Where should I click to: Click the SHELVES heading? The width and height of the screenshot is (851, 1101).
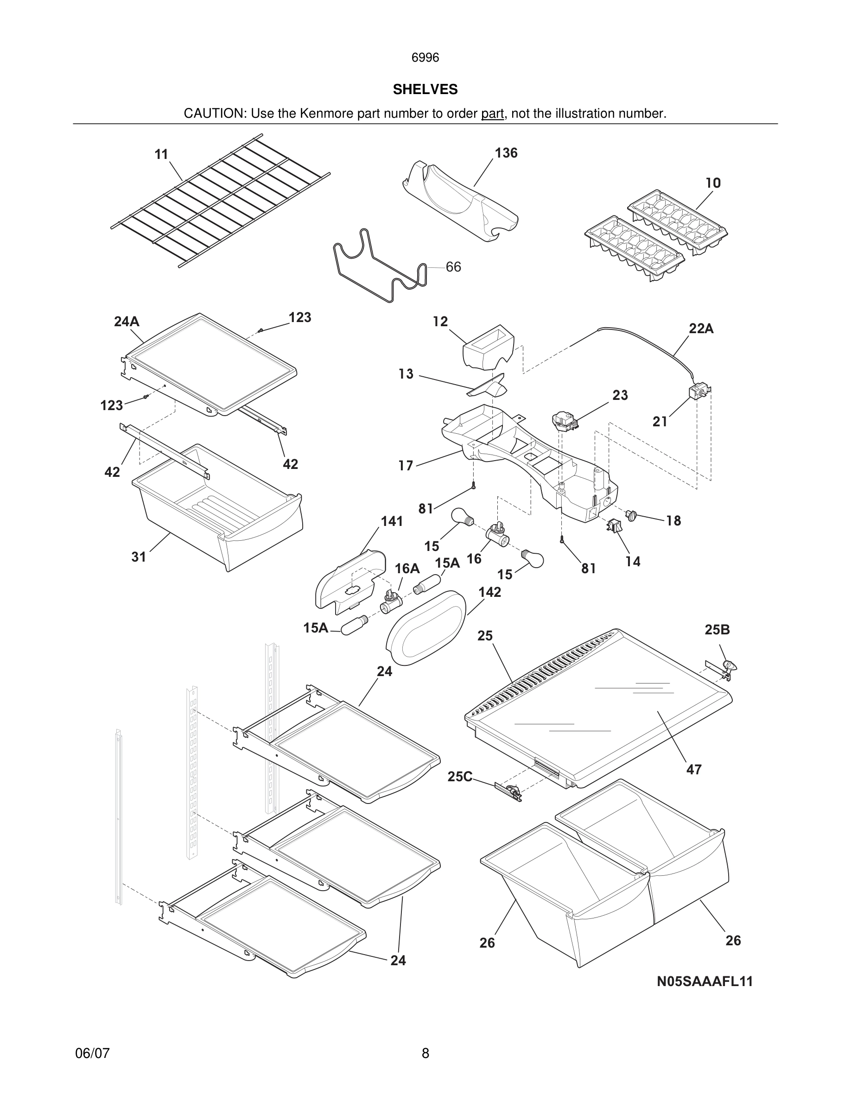[x=425, y=90]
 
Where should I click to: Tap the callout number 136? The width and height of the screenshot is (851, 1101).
[x=506, y=153]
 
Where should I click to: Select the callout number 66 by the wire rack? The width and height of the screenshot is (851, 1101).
[x=453, y=267]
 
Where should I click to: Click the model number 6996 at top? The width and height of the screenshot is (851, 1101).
[x=425, y=58]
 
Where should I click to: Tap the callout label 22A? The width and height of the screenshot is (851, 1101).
[x=701, y=329]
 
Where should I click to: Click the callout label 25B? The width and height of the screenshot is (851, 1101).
[x=717, y=630]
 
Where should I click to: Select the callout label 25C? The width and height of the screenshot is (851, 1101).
[x=460, y=777]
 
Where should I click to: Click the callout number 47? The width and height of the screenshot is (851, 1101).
[x=694, y=769]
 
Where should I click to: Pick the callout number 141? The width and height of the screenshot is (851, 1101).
[x=391, y=521]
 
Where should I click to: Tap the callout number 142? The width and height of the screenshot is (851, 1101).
[x=489, y=592]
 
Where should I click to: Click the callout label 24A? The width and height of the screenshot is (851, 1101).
[x=127, y=322]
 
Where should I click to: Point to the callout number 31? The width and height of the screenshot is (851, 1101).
[x=139, y=557]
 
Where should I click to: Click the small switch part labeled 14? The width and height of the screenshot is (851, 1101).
[x=614, y=526]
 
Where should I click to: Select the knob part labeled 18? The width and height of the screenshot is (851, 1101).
[x=631, y=515]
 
